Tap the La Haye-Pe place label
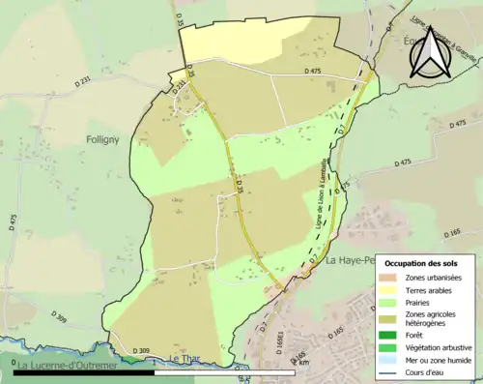click(x=348, y=261)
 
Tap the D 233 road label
click(x=179, y=86)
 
